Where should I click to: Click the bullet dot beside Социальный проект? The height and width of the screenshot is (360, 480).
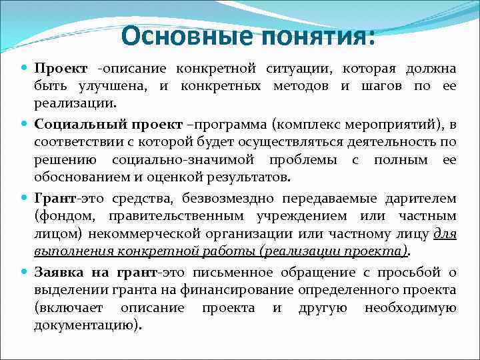tap(25, 125)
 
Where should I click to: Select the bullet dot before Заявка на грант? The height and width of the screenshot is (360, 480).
tap(25, 272)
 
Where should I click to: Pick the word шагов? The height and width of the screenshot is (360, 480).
tap(380, 87)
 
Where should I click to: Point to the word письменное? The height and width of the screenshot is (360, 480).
tap(227, 271)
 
